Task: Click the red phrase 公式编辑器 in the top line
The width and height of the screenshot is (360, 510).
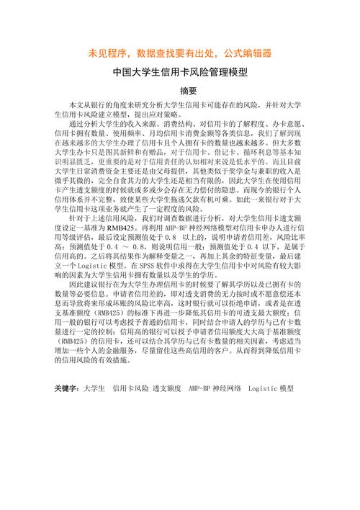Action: [243, 53]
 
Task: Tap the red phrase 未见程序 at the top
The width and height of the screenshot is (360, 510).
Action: [108, 53]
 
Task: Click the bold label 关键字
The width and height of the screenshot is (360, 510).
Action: [68, 388]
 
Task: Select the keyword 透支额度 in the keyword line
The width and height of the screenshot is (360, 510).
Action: [166, 388]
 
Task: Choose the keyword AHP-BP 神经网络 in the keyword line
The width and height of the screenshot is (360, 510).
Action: [214, 388]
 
